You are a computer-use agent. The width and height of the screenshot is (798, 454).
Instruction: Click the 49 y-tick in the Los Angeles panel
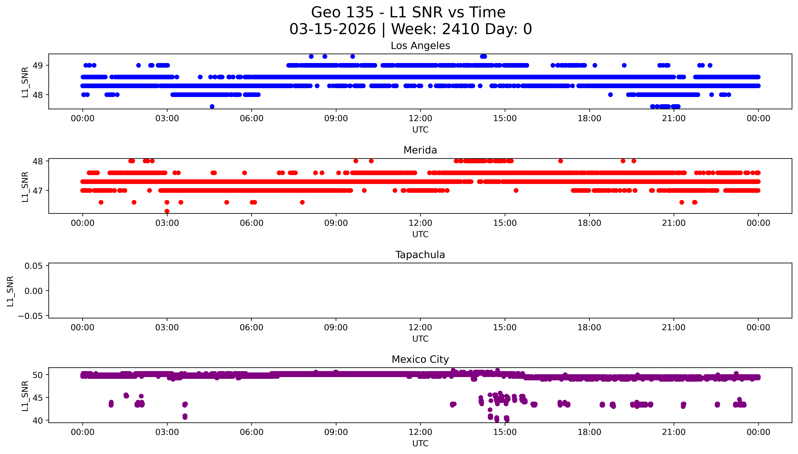click(x=38, y=65)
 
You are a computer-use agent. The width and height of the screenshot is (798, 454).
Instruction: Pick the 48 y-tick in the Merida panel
click(x=38, y=161)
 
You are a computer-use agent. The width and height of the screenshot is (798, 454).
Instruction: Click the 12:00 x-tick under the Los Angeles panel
click(x=420, y=119)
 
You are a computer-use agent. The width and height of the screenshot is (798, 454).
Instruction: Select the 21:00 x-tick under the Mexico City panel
click(x=674, y=432)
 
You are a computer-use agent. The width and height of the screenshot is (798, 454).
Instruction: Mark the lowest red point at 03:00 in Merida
click(x=167, y=211)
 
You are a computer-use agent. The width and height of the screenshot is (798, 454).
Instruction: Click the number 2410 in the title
click(x=461, y=29)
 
